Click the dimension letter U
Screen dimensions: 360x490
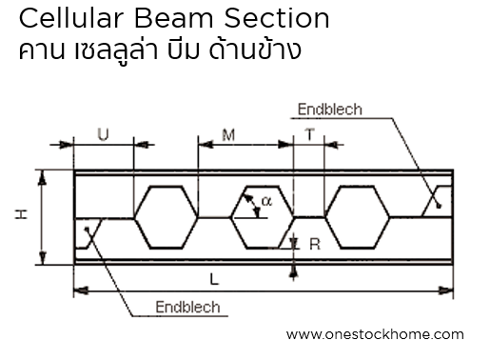[x=103, y=134]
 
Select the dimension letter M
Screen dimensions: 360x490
[x=228, y=135]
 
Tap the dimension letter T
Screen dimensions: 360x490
[x=310, y=135]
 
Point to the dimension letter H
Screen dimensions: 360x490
[x=21, y=216]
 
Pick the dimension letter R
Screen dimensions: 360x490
[x=312, y=245]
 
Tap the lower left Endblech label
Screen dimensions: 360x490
[x=186, y=307]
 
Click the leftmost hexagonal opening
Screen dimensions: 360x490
[x=167, y=216]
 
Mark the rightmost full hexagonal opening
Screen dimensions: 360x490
[x=356, y=216]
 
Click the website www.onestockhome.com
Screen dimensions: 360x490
[x=374, y=334]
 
